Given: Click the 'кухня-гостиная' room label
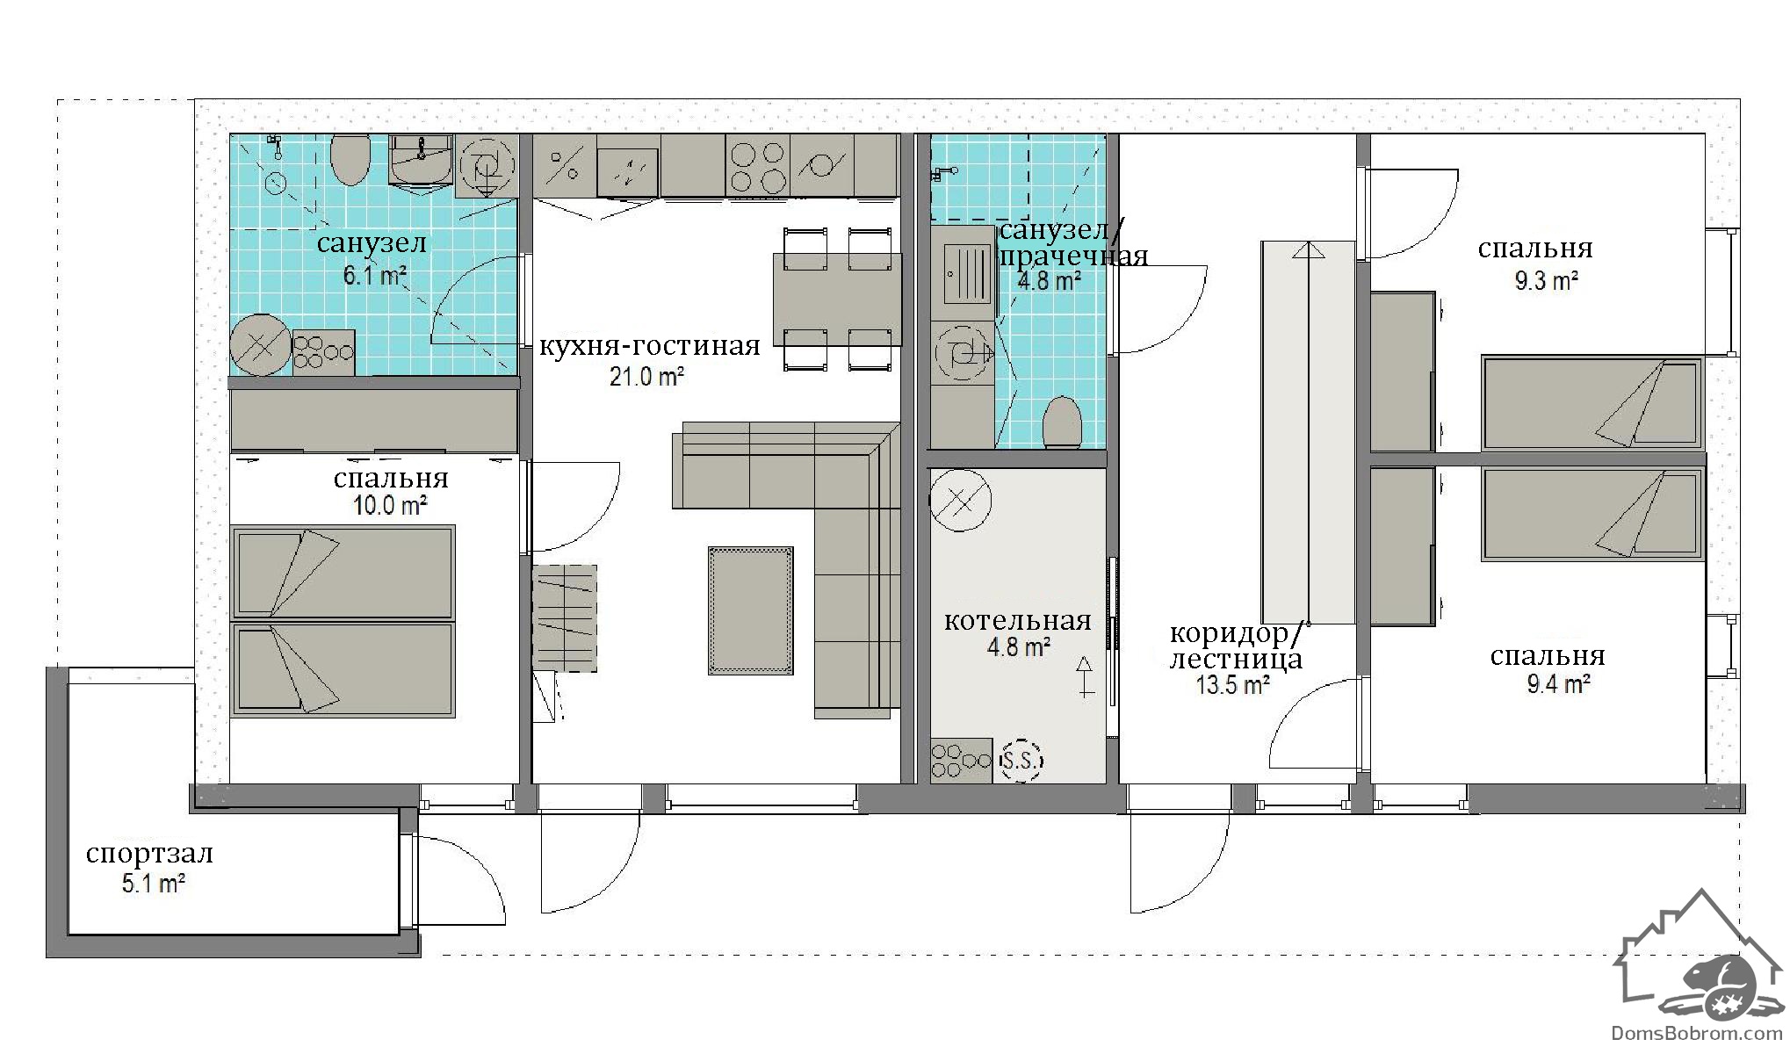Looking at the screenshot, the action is click(649, 346).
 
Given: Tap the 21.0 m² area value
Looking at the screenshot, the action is click(647, 378).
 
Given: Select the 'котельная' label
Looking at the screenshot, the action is click(1018, 621).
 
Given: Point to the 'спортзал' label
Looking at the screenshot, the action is click(149, 854).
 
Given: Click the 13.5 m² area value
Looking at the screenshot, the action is click(1232, 685).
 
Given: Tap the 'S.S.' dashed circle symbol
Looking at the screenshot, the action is click(1021, 761).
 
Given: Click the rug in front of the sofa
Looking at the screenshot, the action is click(751, 610).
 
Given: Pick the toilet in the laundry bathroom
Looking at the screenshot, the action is click(1062, 423).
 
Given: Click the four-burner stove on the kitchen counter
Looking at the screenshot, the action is click(757, 167).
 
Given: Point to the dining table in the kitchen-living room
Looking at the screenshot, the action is click(837, 300).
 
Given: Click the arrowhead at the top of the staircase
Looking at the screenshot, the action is click(1307, 250).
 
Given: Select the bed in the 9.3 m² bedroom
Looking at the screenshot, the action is click(1592, 403).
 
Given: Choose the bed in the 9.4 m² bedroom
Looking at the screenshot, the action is click(1592, 514).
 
